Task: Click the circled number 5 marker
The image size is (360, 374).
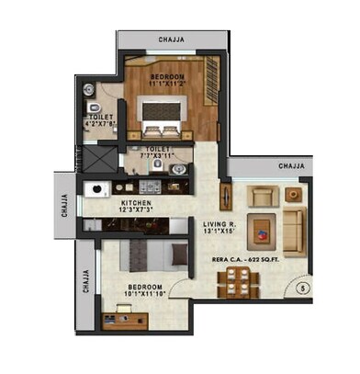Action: (301, 288)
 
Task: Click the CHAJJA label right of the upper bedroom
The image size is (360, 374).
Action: (291, 165)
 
